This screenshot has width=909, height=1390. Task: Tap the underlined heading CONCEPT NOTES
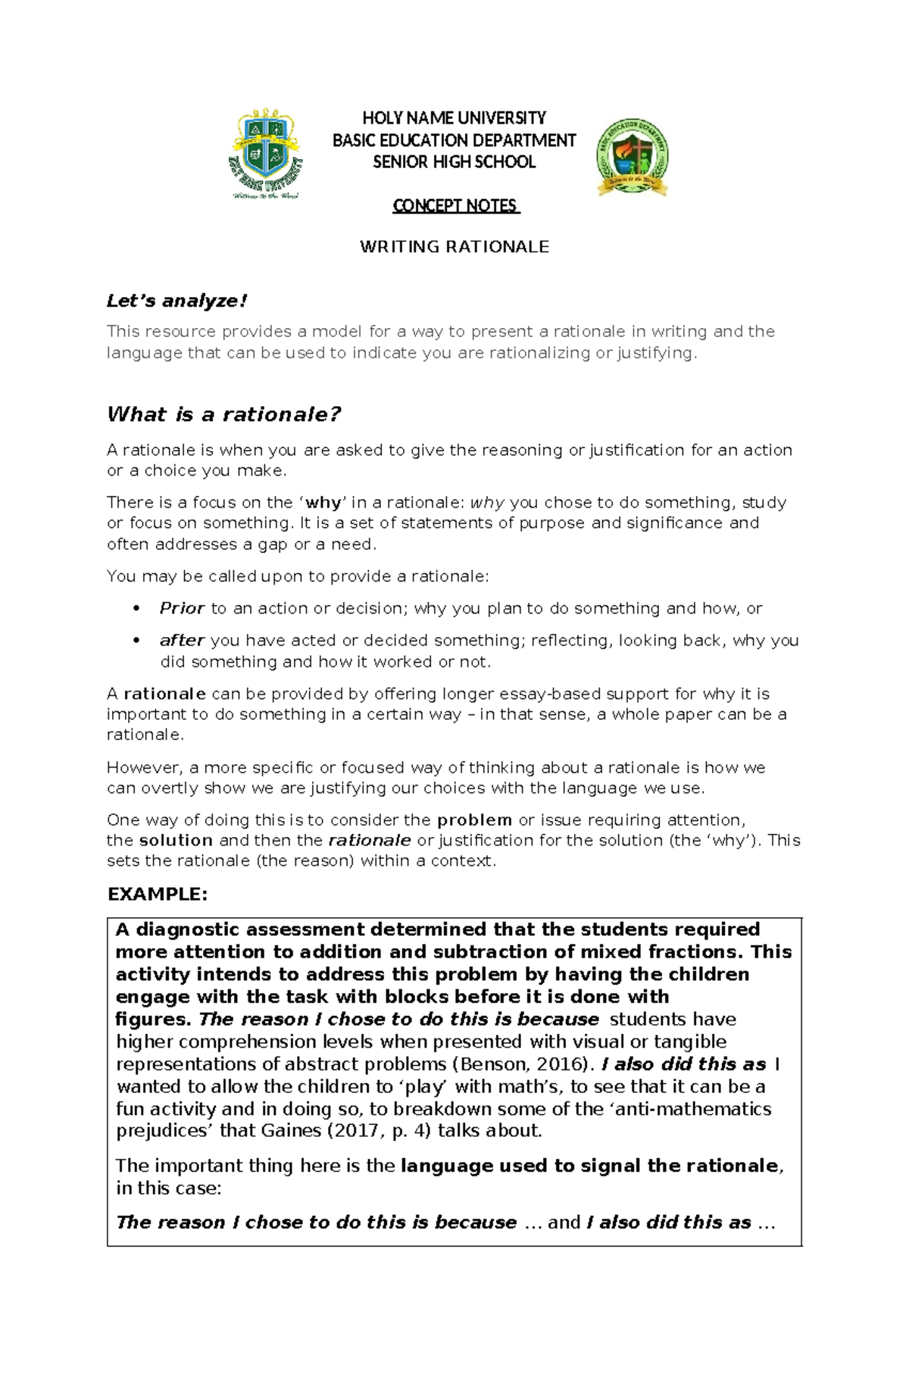pyautogui.click(x=455, y=206)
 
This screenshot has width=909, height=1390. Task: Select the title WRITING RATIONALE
pyautogui.click(x=454, y=247)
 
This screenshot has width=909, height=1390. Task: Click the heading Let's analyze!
pyautogui.click(x=176, y=301)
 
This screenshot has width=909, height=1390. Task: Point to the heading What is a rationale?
pyautogui.click(x=223, y=414)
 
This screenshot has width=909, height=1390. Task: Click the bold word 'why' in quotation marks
pyautogui.click(x=323, y=502)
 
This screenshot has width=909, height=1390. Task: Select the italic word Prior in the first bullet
pyautogui.click(x=182, y=608)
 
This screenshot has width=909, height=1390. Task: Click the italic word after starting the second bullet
pyautogui.click(x=182, y=640)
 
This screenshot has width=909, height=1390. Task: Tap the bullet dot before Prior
pyautogui.click(x=136, y=608)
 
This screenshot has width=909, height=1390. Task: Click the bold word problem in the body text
pyautogui.click(x=475, y=820)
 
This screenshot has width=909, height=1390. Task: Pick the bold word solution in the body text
pyautogui.click(x=176, y=840)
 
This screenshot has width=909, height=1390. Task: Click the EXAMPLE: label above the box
pyautogui.click(x=158, y=895)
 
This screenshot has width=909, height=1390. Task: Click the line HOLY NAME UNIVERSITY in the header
pyautogui.click(x=454, y=118)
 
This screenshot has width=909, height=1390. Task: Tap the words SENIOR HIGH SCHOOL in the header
pyautogui.click(x=454, y=162)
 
